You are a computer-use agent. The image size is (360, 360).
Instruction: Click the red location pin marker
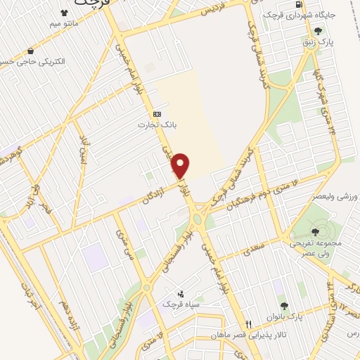181,165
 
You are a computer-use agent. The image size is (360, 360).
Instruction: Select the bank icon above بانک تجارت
156,114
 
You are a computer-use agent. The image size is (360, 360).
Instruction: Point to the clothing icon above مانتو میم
65,13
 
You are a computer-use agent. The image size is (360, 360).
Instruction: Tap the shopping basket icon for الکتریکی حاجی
30,51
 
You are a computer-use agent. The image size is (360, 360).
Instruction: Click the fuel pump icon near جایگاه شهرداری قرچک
300,5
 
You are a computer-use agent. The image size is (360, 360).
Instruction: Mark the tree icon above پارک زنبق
319,31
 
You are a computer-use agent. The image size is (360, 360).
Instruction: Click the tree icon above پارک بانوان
284,306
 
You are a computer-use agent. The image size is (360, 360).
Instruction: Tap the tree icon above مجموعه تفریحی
313,230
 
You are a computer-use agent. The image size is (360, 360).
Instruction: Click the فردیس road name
216,10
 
